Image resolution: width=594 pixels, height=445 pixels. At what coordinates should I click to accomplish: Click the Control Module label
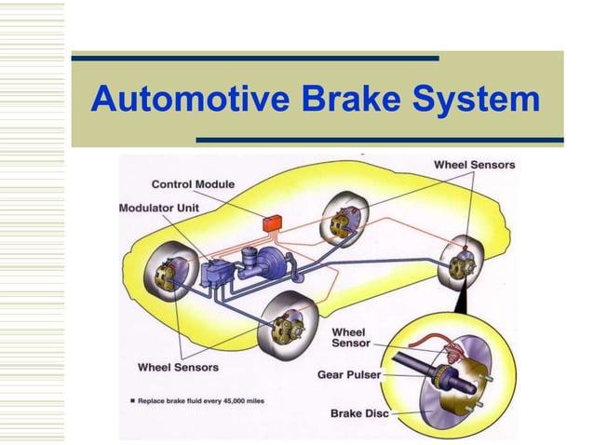click(193, 184)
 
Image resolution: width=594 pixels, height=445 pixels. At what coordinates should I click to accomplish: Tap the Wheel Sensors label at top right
click(474, 165)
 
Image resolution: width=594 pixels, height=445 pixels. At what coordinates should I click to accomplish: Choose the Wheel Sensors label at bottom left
click(178, 367)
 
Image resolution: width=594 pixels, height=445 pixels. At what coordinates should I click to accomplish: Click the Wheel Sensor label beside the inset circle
click(350, 337)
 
